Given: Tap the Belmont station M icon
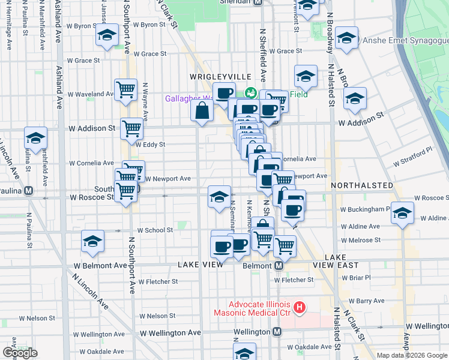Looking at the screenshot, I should click(279, 265).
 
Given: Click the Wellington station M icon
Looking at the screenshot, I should click(277, 331).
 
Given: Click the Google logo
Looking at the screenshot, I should click(20, 353).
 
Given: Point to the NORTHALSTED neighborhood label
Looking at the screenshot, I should click(363, 185).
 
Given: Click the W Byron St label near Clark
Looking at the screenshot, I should click(149, 25).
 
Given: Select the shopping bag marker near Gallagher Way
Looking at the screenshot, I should click(202, 111).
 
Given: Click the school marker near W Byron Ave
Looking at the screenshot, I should click(107, 36).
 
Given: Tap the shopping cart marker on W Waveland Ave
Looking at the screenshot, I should click(126, 90).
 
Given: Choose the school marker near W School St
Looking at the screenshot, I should click(92, 242).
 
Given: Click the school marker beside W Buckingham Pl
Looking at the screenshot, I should click(402, 214).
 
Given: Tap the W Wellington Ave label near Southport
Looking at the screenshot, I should click(170, 332).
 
